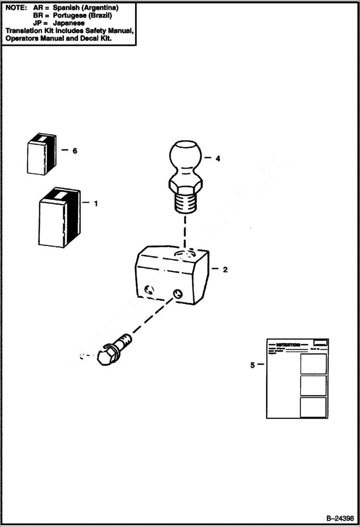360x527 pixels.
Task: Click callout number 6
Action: point(74,151)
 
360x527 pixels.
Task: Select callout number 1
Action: point(96,203)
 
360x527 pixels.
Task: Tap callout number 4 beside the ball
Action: point(218,158)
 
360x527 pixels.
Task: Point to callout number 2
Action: point(225,270)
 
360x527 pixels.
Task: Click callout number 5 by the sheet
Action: point(252,365)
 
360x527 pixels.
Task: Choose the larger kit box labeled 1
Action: point(58,217)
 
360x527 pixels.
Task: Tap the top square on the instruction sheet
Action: point(313,364)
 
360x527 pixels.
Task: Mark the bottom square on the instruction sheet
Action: point(313,406)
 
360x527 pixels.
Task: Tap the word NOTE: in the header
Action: point(16,8)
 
